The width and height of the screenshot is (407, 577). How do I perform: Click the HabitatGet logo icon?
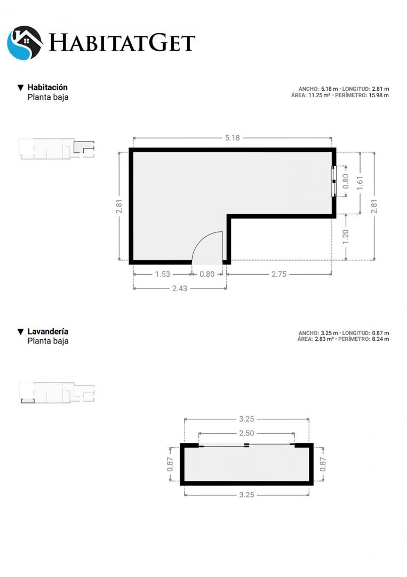pos(25,43)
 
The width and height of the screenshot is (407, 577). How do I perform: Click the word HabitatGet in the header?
pos(122,43)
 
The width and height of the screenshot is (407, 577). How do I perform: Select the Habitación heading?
pos(47,87)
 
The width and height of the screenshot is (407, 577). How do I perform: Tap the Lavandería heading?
pos(48,331)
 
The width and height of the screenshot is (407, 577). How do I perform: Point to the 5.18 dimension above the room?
pos(233,138)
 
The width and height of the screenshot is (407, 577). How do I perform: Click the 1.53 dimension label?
pos(162,274)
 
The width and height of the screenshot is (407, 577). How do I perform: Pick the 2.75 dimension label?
pos(279,274)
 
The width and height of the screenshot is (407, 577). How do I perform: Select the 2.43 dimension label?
pos(180,288)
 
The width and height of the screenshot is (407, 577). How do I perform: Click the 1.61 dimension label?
pos(360,183)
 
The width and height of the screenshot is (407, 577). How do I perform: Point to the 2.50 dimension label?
pos(246,433)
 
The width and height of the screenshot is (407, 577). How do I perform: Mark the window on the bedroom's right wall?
pos(334,181)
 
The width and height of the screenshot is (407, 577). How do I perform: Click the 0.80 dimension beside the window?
pos(346,181)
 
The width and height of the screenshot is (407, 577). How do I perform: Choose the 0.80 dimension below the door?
pos(207,274)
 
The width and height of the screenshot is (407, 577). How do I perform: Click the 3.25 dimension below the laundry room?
pos(246,495)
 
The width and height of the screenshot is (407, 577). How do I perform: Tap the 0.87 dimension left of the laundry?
pos(170,464)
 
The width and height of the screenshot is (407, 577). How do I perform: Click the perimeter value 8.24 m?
pos(380,339)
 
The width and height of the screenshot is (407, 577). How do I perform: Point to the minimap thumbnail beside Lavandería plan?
pos(57,393)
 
